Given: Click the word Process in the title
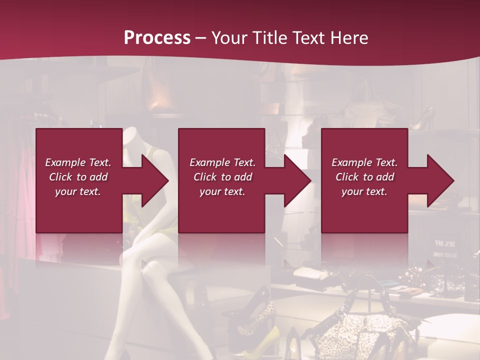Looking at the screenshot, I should pyautogui.click(x=157, y=38).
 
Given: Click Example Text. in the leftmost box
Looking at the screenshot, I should pyautogui.click(x=78, y=162).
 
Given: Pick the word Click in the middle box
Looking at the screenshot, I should pyautogui.click(x=204, y=177).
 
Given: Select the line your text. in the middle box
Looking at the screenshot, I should pyautogui.click(x=222, y=191).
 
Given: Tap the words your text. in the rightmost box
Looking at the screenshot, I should pyautogui.click(x=364, y=191).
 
